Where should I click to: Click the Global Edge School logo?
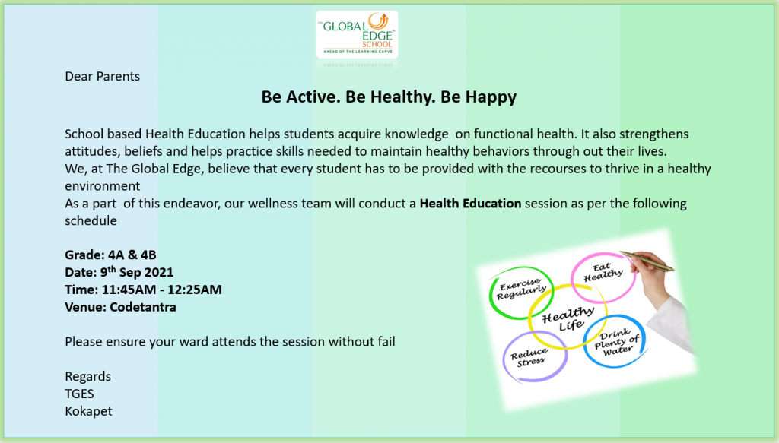click(358, 34)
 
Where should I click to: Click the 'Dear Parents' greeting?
click(103, 77)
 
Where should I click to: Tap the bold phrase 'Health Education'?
click(470, 204)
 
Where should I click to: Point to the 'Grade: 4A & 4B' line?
click(110, 255)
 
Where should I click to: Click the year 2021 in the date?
click(160, 272)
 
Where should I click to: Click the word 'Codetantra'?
click(143, 307)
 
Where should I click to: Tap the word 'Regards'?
click(88, 377)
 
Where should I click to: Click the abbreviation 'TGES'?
click(79, 394)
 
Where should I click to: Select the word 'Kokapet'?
click(88, 412)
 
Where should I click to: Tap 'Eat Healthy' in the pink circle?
click(603, 272)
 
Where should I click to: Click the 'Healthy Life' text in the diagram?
click(568, 318)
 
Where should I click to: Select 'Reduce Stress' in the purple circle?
click(529, 357)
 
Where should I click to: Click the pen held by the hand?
click(647, 261)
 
